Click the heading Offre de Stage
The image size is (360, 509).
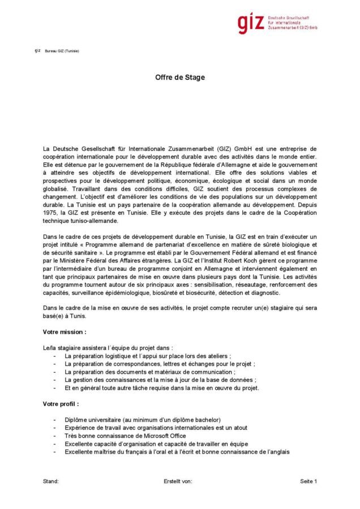point(180,77)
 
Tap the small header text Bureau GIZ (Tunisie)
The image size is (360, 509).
point(62,51)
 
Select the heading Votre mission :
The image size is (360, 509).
point(65,332)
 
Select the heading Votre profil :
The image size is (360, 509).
point(61,404)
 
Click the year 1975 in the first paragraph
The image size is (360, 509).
point(51,213)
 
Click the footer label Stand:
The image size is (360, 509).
point(51,481)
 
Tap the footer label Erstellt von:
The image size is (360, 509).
point(178,481)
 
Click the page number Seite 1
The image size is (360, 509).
point(308,481)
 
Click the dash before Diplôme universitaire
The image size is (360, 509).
point(54,420)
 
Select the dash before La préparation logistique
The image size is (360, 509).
point(54,356)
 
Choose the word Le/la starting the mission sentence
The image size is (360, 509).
point(49,347)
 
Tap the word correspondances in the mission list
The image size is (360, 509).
point(136,364)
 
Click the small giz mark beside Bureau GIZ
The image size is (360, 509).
point(37,50)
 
